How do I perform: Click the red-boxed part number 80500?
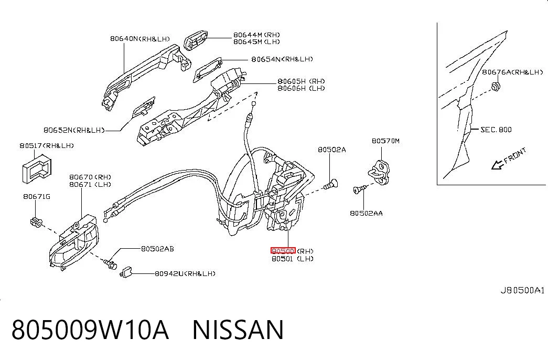click(x=283, y=250)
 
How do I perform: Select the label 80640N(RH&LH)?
click(x=140, y=38)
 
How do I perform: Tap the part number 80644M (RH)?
click(x=256, y=35)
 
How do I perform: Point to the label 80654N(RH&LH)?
click(x=282, y=59)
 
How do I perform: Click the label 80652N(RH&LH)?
click(x=74, y=130)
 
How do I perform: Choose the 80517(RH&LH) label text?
click(x=47, y=145)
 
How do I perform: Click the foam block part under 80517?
click(x=37, y=168)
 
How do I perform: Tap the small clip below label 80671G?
click(x=36, y=221)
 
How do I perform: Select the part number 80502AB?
click(x=157, y=249)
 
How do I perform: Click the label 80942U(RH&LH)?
click(x=185, y=273)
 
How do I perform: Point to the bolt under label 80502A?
click(x=330, y=184)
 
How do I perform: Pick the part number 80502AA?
click(x=366, y=213)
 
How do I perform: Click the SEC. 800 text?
click(x=496, y=130)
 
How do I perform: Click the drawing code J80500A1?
click(x=522, y=290)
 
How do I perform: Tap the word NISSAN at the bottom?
click(x=238, y=330)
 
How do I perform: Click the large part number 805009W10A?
click(x=90, y=330)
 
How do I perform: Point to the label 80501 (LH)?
click(x=293, y=259)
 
